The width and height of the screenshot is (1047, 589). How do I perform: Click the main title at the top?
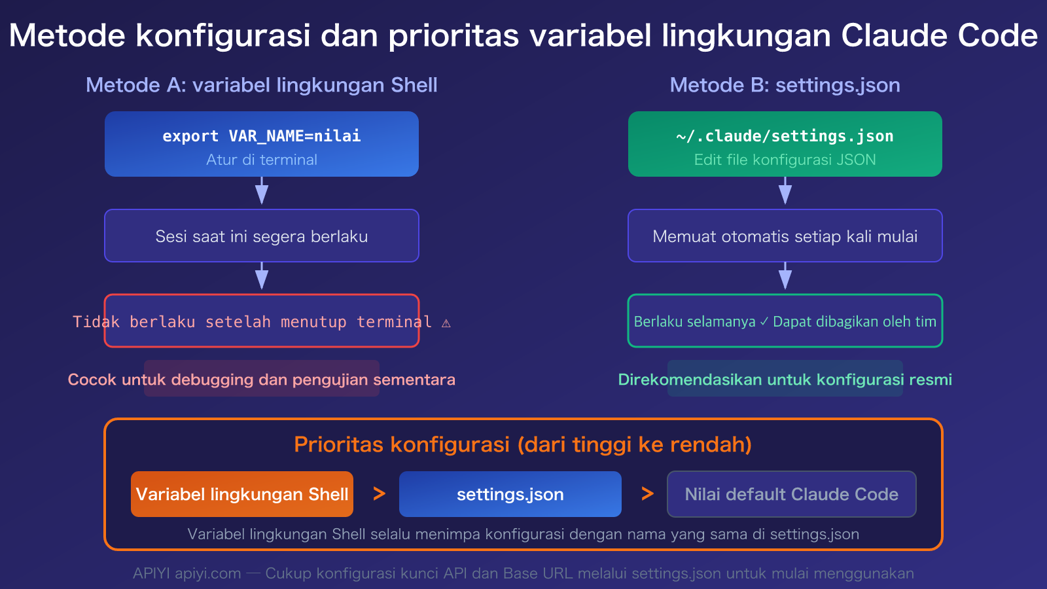[523, 35]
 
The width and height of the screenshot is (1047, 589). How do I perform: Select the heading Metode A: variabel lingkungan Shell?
[261, 85]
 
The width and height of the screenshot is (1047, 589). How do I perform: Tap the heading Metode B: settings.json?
[785, 85]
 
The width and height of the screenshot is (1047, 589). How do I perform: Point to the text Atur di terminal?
[261, 160]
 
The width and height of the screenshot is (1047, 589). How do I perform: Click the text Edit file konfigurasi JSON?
[785, 160]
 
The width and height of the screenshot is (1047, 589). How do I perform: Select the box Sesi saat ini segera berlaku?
[261, 236]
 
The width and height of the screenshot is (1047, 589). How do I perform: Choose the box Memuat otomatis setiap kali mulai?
[785, 236]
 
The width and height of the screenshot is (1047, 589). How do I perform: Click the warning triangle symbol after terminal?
[446, 323]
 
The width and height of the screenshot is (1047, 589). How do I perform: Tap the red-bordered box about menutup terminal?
[261, 321]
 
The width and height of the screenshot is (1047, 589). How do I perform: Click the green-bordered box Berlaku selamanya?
[785, 321]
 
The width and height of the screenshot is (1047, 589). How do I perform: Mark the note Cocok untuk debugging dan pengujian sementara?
[261, 380]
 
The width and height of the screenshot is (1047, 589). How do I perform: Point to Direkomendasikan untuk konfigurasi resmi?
[785, 380]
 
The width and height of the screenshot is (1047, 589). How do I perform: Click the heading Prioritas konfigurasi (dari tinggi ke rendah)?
[523, 444]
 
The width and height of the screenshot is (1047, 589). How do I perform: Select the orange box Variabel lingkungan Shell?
[242, 494]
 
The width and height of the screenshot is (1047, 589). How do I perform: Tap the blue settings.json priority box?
[510, 494]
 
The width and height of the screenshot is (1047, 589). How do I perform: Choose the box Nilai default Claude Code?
[791, 494]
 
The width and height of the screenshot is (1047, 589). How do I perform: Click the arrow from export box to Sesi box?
[262, 192]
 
